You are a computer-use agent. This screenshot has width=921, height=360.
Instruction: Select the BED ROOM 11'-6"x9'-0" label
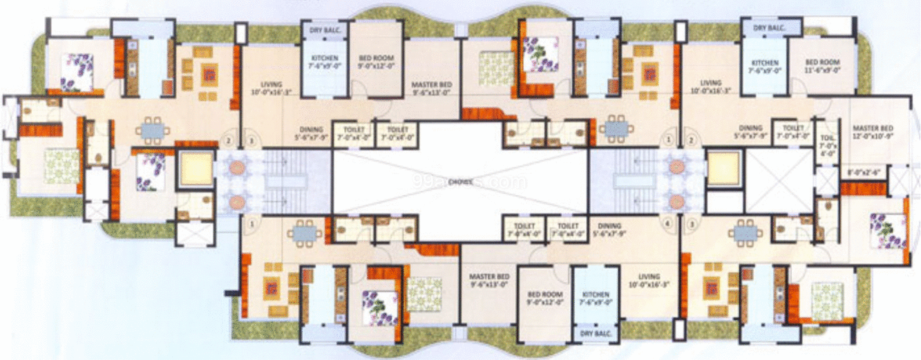pyautogui.click(x=822, y=66)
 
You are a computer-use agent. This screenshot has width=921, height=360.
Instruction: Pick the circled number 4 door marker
pyautogui.click(x=667, y=224)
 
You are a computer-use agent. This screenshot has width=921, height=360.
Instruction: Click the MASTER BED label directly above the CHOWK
pyautogui.click(x=431, y=86)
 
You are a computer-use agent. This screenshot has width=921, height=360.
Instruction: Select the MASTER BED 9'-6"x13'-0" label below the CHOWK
pyautogui.click(x=488, y=278)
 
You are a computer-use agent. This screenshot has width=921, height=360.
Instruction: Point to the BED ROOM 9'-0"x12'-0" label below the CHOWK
pyautogui.click(x=542, y=296)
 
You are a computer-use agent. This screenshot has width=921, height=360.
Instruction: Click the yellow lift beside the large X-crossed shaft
pyautogui.click(x=723, y=167)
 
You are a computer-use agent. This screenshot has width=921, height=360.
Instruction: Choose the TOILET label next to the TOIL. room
pyautogui.click(x=792, y=131)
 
